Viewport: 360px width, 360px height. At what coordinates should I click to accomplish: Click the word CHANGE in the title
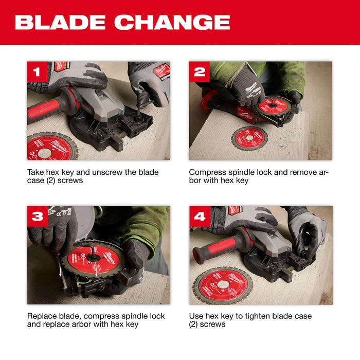172,22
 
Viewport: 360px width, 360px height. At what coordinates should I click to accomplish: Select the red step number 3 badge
38,216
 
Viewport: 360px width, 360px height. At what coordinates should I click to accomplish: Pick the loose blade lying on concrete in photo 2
249,138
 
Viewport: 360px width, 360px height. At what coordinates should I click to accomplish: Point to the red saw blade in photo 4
223,284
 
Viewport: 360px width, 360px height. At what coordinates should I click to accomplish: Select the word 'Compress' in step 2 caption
207,172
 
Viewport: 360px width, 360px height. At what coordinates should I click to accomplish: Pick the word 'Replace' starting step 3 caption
42,316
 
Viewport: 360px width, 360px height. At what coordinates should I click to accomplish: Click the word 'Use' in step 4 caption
196,316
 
